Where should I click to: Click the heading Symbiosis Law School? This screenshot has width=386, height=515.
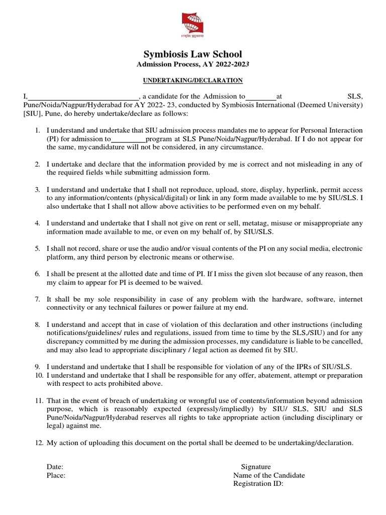pyautogui.click(x=193, y=54)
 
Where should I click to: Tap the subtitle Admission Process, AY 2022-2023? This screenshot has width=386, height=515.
pyautogui.click(x=193, y=64)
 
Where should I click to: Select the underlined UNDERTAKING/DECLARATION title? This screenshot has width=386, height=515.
pyautogui.click(x=193, y=80)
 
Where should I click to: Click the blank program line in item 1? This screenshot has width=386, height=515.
pyautogui.click(x=128, y=138)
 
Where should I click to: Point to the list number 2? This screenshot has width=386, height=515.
pyautogui.click(x=38, y=164)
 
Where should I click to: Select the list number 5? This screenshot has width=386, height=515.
pyautogui.click(x=38, y=249)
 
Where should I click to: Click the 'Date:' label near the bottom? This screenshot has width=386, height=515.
pyautogui.click(x=55, y=467)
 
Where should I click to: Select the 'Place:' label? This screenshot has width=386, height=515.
pyautogui.click(x=56, y=475)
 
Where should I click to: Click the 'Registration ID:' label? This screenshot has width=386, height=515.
pyautogui.click(x=258, y=484)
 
